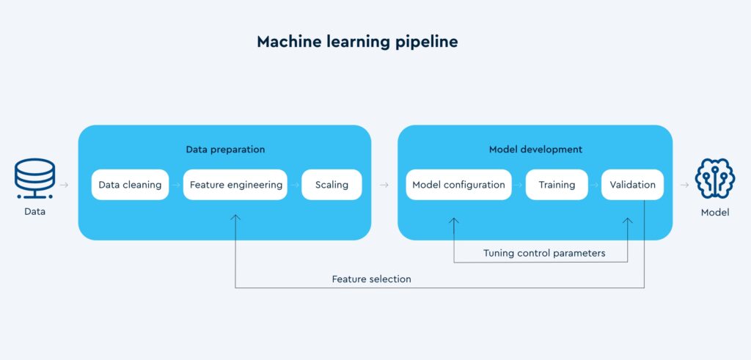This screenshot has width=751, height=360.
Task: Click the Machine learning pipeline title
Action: point(357,42)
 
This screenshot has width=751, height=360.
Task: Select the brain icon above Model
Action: point(715,179)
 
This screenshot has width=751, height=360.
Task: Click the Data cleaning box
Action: point(130,185)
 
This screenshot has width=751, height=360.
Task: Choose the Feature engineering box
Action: point(235,185)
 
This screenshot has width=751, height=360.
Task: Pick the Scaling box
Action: point(331,185)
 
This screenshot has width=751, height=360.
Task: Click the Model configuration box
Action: point(458,185)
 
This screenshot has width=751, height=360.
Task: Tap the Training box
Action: point(557,185)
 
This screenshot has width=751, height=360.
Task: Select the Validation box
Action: point(632,185)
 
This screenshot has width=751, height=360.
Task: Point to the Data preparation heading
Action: point(225,150)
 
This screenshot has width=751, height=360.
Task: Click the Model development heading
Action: point(535,150)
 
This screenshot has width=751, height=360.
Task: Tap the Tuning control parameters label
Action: point(544,253)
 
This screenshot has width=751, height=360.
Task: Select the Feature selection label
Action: point(371,279)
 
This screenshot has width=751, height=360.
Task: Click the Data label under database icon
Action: point(34,212)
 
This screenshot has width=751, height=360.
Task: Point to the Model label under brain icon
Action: point(715,213)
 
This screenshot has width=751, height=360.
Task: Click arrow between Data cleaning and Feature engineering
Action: point(176,185)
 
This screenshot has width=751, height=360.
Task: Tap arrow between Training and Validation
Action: point(594,185)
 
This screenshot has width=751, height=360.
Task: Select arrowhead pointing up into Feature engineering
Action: point(235,217)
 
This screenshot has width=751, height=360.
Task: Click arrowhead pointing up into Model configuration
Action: point(454,219)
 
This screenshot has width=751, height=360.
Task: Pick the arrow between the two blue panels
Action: point(384,185)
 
